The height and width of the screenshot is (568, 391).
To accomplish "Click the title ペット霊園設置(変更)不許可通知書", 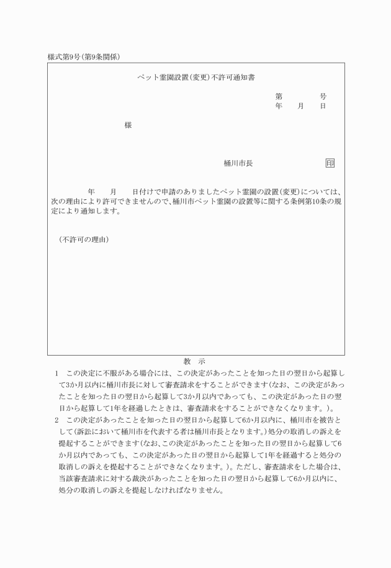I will pos(196,78).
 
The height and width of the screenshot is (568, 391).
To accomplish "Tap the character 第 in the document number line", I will pos(279,97).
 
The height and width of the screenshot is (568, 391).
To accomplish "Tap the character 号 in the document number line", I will pos(323,97).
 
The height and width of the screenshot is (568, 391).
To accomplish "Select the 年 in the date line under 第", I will pos(279,106).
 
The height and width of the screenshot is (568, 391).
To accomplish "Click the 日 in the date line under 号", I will pos(323,106).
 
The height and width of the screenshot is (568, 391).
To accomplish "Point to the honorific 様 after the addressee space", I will pos(128,125).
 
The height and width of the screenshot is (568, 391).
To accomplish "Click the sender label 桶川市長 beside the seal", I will pos(238,163).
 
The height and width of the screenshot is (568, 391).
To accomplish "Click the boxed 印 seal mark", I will pos(330,163).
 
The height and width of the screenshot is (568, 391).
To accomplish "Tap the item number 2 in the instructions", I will pos(56,420).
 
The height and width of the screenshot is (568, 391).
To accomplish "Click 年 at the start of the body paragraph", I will pos(92,192).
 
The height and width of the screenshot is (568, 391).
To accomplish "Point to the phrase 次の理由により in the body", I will pos(74,201).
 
